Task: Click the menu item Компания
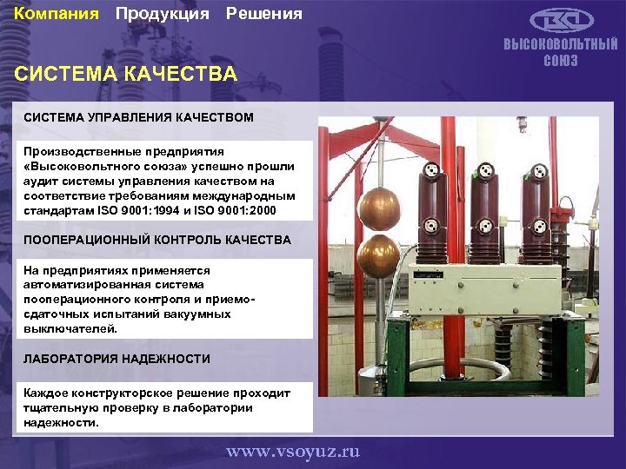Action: click(x=57, y=14)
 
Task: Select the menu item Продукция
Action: click(x=162, y=14)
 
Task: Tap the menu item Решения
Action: click(x=264, y=14)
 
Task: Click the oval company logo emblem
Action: click(x=561, y=21)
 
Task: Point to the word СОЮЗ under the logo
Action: click(x=561, y=61)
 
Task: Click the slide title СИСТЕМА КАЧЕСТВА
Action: click(x=126, y=74)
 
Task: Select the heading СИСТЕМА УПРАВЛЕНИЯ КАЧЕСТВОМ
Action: click(x=139, y=116)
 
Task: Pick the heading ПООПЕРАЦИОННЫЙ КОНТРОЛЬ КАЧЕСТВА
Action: click(x=157, y=239)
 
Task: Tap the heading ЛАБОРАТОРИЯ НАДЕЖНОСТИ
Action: click(x=117, y=358)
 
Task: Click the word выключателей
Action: click(x=64, y=329)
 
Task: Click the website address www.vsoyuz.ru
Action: click(x=293, y=452)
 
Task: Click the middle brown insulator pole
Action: click(x=485, y=213)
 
